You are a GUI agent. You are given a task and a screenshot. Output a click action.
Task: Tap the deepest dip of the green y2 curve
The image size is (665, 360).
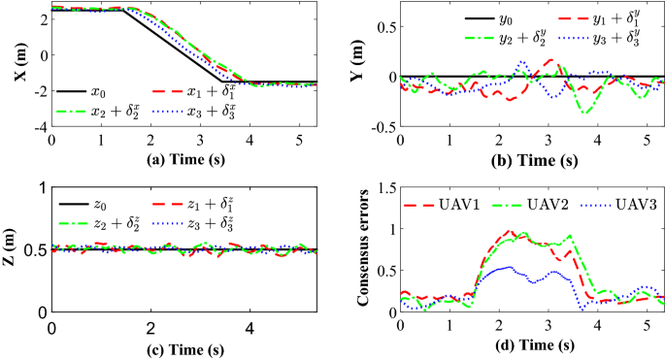tap(585, 114)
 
